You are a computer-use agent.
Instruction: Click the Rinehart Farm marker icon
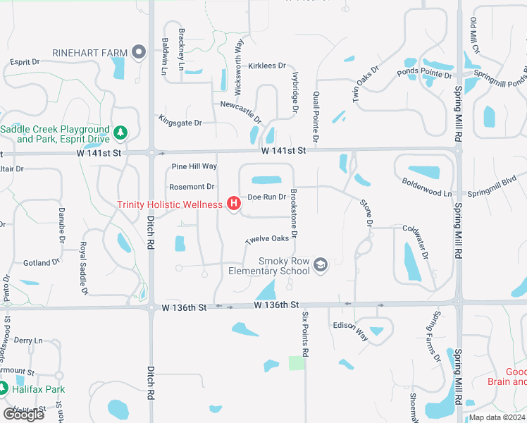click(138, 51)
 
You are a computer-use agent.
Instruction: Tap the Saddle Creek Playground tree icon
click(120, 133)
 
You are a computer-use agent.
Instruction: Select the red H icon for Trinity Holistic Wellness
click(233, 204)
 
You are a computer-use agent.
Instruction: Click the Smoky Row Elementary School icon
click(321, 264)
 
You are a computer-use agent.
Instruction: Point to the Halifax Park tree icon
click(4, 388)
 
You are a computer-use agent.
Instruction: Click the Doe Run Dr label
click(267, 197)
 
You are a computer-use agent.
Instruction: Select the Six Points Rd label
click(305, 333)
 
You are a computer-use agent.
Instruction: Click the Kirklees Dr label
click(267, 66)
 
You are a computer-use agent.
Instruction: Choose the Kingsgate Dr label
click(180, 123)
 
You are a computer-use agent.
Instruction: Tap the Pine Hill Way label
click(194, 166)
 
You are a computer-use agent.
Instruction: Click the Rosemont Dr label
click(191, 187)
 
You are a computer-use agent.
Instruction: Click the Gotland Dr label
click(41, 263)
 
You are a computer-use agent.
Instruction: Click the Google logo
click(23, 415)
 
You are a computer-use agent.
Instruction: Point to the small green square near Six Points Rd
click(297, 363)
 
